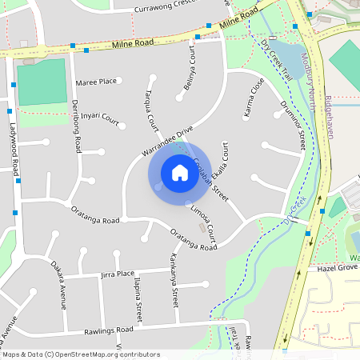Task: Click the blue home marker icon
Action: [179, 173]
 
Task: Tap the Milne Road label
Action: [132, 45]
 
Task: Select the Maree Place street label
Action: [96, 82]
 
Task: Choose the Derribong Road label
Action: [77, 126]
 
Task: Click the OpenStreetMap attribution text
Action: [80, 354]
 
